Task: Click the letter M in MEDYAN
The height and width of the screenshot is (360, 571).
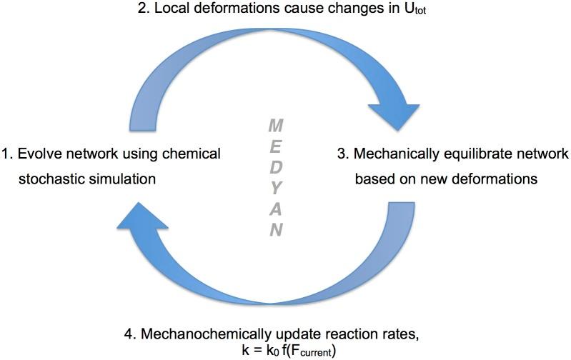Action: coord(276,126)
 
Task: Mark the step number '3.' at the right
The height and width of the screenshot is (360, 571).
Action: coord(342,154)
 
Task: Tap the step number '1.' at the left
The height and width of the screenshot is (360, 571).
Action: coord(8,154)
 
